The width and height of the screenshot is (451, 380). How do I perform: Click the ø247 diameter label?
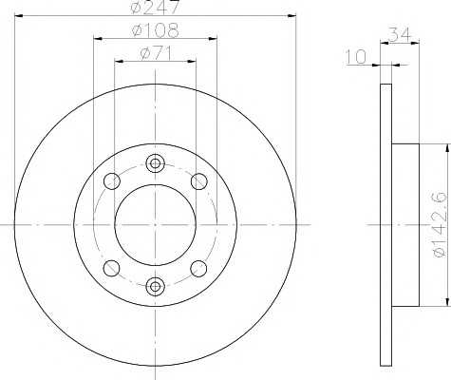coord(156,7)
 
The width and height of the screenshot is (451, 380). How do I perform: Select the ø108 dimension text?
coord(156,30)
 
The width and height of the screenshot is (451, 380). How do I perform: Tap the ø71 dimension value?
coord(157,53)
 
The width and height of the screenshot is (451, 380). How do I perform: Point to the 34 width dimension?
coord(400,34)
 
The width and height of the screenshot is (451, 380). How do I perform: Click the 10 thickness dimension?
coord(355,57)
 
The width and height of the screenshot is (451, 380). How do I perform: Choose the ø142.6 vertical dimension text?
coord(441,224)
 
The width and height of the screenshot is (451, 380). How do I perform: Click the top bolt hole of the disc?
coord(155,163)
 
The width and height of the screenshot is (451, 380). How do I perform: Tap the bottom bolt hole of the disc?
coord(155,286)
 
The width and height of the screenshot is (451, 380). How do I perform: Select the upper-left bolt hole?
coord(112,181)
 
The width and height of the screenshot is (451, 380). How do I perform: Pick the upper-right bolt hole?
coord(199,181)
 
